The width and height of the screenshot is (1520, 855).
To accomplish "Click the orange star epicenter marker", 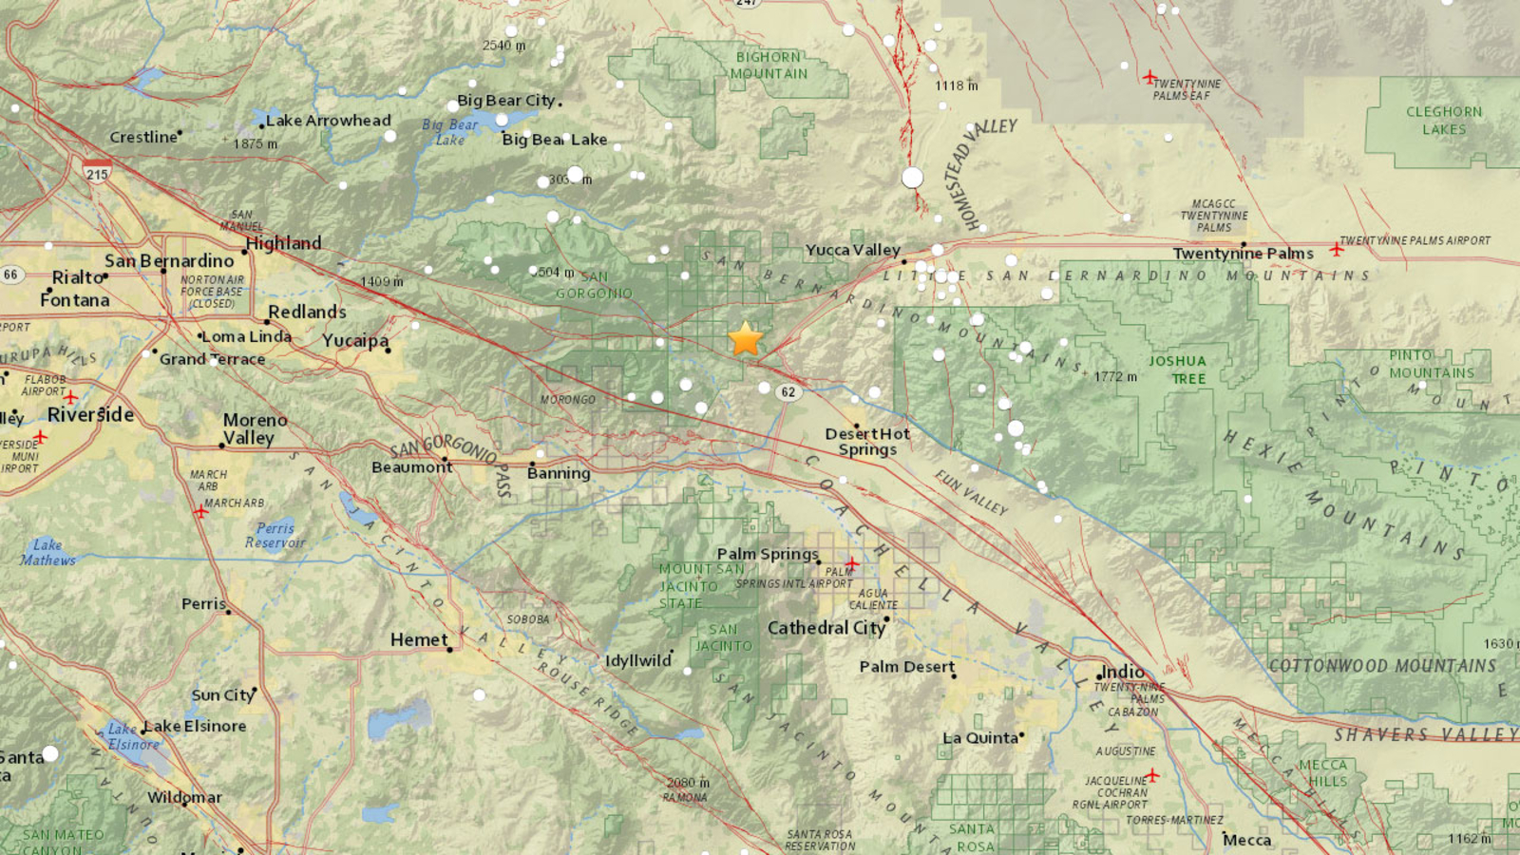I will click(746, 339).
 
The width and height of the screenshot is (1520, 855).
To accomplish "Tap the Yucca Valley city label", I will click(852, 250).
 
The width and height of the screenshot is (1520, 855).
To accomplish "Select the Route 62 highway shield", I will click(788, 391).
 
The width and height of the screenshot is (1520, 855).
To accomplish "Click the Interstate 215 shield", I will click(97, 173).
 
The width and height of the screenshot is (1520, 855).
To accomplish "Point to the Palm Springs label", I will click(767, 553).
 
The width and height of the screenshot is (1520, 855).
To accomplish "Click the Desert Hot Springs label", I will click(866, 441).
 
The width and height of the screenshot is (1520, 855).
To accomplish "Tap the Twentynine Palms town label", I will click(1243, 253).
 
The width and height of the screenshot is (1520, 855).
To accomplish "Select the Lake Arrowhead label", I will click(328, 121).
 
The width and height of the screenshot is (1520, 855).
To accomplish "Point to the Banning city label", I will click(559, 473).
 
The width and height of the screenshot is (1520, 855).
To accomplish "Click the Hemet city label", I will click(419, 639).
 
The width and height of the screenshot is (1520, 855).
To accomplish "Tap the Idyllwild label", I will click(638, 660).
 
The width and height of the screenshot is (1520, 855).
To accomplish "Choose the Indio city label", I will click(1122, 672).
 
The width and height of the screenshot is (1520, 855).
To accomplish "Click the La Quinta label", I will click(980, 737).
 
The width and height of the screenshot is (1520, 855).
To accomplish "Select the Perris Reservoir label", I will click(275, 535).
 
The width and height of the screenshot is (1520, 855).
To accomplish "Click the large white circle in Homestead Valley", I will click(912, 177).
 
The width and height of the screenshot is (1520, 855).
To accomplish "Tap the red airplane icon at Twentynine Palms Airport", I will click(1336, 249).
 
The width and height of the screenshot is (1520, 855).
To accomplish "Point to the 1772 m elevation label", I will click(1115, 377).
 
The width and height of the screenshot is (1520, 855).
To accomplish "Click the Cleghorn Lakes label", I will click(1443, 121).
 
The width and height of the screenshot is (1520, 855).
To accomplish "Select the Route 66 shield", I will click(10, 275).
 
